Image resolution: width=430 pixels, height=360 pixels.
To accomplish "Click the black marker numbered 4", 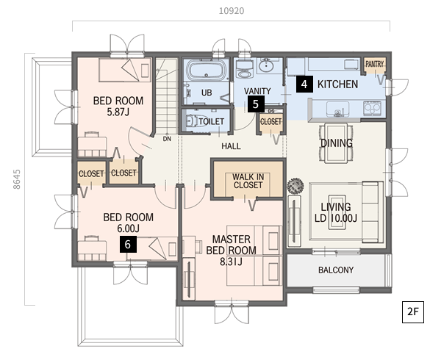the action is point(304,84).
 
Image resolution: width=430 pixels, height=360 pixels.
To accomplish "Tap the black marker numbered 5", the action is point(256,104).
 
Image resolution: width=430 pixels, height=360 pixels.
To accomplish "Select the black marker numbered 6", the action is point(128,245).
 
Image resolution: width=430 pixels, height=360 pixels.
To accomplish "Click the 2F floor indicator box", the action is point(413,312).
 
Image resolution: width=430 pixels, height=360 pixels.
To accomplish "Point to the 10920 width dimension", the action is point(232,11).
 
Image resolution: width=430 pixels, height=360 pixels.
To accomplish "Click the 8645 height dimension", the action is point(17,179).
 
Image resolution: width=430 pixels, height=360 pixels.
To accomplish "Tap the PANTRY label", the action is point(374,64).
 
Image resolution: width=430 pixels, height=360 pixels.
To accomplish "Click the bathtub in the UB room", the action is point(207,71).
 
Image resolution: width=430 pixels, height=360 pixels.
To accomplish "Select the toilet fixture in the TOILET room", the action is point(192,120).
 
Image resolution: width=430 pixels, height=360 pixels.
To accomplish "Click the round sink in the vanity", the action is point(265,65).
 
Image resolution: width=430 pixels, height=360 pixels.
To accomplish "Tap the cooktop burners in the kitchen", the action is point(373,108).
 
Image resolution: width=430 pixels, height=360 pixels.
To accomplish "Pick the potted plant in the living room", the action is point(295,186).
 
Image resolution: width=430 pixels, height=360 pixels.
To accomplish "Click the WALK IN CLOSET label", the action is point(248,181).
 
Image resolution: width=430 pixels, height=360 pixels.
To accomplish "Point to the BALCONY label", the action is point(336,270).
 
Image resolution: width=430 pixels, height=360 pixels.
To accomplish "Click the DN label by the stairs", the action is point(167,139).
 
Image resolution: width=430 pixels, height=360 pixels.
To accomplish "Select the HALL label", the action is point(232,146).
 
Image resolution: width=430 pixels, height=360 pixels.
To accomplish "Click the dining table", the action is point(336,143).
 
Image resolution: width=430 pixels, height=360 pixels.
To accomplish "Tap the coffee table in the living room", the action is point(336,212).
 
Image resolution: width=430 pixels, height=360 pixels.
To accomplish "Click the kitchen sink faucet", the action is point(337,113).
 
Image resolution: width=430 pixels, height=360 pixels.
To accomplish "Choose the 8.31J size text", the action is point(232,262).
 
